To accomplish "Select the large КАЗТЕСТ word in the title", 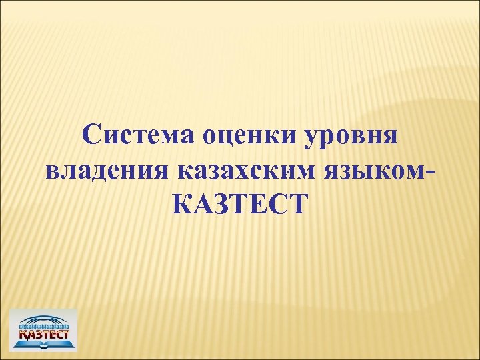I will (x=240, y=203).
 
